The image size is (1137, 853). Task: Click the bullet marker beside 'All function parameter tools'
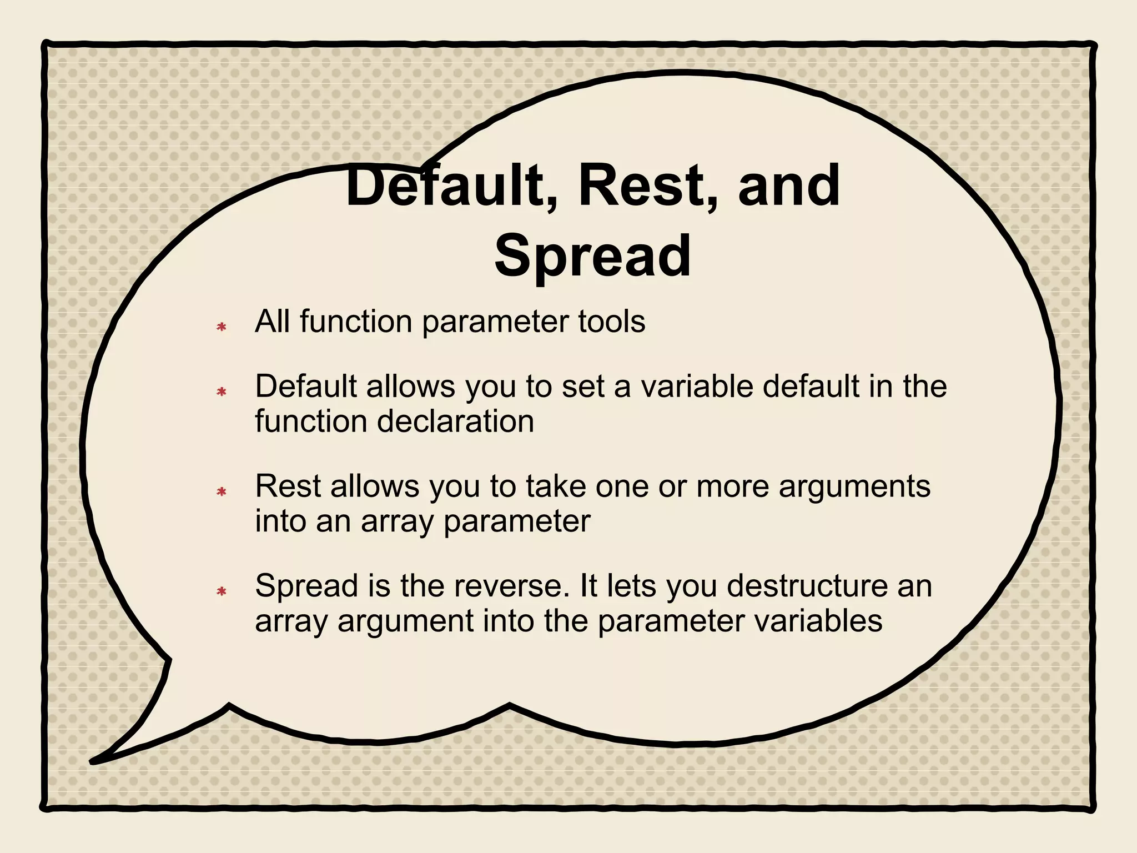click(222, 327)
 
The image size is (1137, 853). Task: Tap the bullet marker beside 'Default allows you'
click(222, 392)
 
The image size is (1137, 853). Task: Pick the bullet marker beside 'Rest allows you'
click(222, 491)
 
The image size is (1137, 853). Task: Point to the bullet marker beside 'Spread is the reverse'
click(222, 591)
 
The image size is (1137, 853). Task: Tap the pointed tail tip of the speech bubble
click(93, 761)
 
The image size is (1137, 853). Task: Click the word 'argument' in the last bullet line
click(405, 621)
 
